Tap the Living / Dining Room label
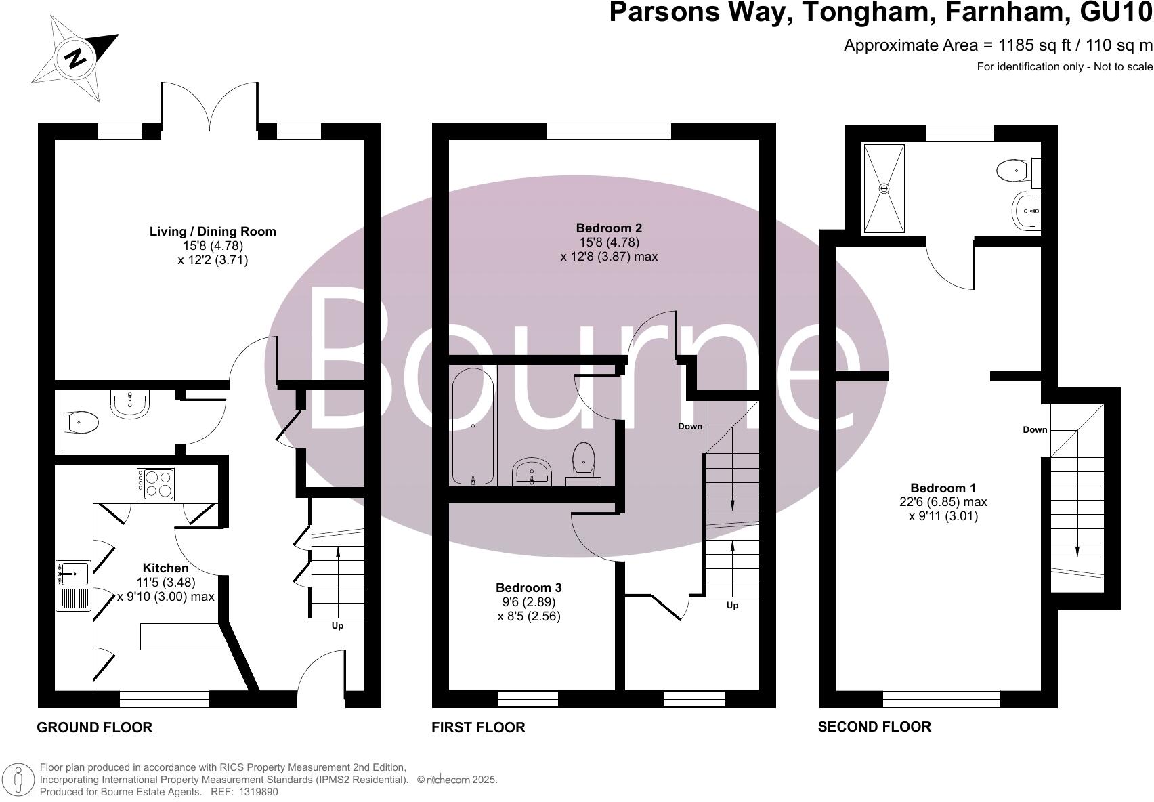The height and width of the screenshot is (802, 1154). pyautogui.click(x=213, y=232)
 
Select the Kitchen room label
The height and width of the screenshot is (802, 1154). pyautogui.click(x=165, y=568)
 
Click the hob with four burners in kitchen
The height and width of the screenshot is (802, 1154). pyautogui.click(x=156, y=484)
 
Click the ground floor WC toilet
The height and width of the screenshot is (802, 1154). pyautogui.click(x=83, y=423)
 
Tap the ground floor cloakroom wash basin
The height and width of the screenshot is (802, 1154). pyautogui.click(x=130, y=404)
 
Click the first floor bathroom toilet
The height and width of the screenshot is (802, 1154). pyautogui.click(x=584, y=461)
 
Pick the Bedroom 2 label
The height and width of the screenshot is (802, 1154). pyautogui.click(x=609, y=228)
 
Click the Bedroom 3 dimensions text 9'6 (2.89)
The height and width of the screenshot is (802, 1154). pyautogui.click(x=528, y=602)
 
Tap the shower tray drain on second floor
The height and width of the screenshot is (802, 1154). pyautogui.click(x=884, y=188)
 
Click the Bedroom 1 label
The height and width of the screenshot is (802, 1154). pyautogui.click(x=943, y=488)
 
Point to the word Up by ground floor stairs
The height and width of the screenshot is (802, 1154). pyautogui.click(x=337, y=625)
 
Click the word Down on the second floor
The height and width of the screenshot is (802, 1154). pyautogui.click(x=1035, y=429)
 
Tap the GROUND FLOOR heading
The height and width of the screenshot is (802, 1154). pyautogui.click(x=94, y=727)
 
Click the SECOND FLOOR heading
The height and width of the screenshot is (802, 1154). pyautogui.click(x=874, y=727)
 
